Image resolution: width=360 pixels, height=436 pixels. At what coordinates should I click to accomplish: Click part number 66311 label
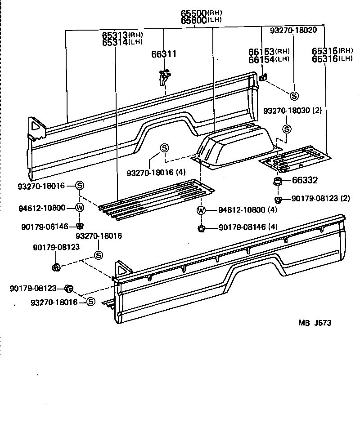click(x=164, y=54)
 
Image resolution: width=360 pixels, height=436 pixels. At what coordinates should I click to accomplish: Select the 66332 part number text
click(x=305, y=181)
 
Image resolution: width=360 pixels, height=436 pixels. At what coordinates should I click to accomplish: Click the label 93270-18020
click(x=293, y=30)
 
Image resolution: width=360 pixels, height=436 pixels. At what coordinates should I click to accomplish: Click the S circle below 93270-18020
click(x=294, y=96)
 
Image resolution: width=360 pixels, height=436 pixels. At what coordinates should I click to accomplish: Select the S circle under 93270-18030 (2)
click(x=287, y=129)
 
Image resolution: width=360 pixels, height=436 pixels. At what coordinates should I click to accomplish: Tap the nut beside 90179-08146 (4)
click(x=201, y=228)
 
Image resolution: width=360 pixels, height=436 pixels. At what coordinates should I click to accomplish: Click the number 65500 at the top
click(x=194, y=13)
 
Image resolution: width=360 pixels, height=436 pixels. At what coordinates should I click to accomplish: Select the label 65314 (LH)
click(x=122, y=42)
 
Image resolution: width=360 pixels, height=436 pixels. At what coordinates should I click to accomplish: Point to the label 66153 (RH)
click(x=275, y=51)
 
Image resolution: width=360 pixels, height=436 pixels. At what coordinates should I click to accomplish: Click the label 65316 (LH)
click(x=332, y=58)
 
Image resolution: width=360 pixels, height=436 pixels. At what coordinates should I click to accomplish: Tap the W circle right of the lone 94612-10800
click(x=79, y=208)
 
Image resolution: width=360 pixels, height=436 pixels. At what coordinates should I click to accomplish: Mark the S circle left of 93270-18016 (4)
click(x=164, y=148)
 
